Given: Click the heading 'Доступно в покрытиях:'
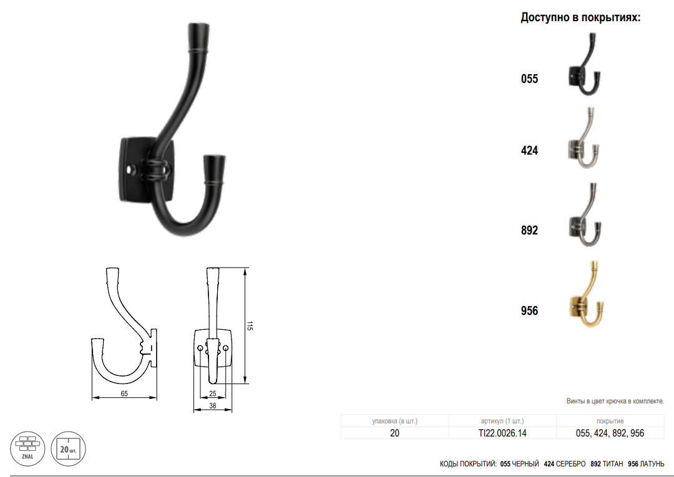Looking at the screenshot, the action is (x=580, y=17).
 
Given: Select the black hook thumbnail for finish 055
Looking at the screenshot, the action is (x=585, y=64).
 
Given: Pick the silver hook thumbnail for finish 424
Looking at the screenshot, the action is (x=584, y=137).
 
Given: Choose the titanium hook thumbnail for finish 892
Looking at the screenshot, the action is (x=585, y=215).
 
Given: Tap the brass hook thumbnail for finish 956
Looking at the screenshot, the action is (x=587, y=294).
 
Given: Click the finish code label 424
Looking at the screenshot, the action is (x=529, y=150).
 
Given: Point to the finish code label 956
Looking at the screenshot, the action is (x=529, y=311).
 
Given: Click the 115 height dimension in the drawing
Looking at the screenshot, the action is (x=250, y=325).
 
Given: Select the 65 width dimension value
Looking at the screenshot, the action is (x=124, y=393).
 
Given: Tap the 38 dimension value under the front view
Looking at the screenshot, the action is (x=212, y=405).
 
